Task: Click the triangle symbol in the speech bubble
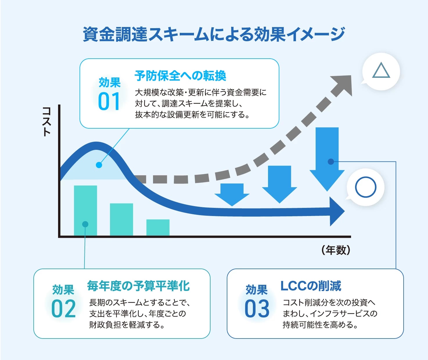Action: [381, 71]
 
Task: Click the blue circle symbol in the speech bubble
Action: [366, 187]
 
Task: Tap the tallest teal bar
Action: [85, 210]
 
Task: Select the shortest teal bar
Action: [158, 227]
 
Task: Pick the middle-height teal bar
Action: [121, 219]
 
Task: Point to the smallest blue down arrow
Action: [232, 194]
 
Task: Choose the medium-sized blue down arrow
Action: [279, 183]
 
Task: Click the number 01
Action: [109, 101]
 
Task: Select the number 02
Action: [63, 309]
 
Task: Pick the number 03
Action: [257, 309]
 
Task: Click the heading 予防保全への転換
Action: [180, 76]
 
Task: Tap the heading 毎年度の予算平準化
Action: [138, 286]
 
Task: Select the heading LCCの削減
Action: [311, 286]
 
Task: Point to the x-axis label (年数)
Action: [336, 250]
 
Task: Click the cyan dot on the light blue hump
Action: [99, 165]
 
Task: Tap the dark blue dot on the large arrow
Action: [331, 162]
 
